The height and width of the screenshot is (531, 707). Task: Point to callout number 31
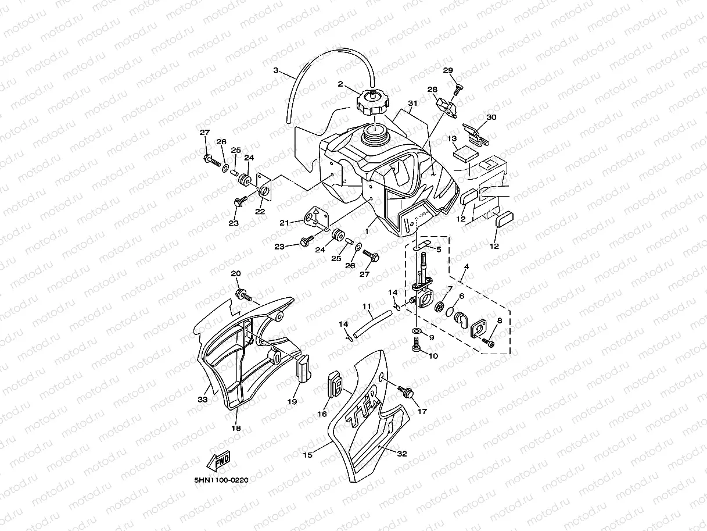click(x=412, y=104)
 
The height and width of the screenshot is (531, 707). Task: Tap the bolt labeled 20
click(x=242, y=294)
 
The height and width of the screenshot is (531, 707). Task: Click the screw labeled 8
click(x=487, y=344)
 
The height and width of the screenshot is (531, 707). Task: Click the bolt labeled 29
click(x=457, y=88)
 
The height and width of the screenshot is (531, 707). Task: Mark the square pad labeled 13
click(x=465, y=153)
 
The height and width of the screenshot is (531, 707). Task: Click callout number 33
click(x=202, y=400)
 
